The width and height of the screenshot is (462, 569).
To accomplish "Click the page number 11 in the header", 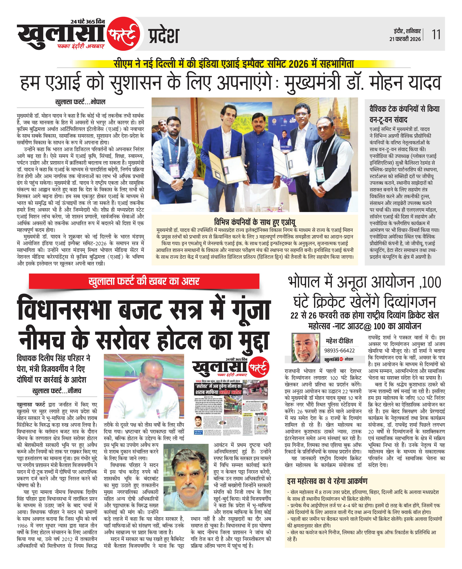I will point(436,35).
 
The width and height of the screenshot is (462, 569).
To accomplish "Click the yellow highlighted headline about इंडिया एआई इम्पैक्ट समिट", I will point(234,64).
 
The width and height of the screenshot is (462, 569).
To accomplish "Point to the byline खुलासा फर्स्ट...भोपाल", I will point(80,102).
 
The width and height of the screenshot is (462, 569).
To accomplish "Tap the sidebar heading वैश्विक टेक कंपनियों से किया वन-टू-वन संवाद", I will point(404,114).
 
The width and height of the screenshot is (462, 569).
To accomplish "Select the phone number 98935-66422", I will point(339,350).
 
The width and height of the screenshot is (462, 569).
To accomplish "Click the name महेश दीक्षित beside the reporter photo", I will point(339,341).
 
